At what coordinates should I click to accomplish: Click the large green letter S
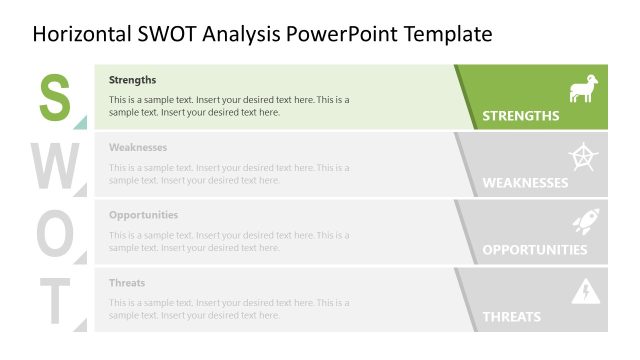point(55,97)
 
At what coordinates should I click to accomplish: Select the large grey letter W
point(57,165)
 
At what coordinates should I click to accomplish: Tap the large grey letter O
point(56,233)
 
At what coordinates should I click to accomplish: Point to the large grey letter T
point(56,300)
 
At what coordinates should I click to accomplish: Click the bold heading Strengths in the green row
point(133,80)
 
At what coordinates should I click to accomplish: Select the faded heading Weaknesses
point(138,147)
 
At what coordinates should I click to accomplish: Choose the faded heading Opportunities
point(144,215)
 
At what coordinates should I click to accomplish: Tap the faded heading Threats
point(127,283)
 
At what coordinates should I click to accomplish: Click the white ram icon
point(583,89)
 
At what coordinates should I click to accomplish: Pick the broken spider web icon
point(583,157)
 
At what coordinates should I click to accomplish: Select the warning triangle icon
point(583,292)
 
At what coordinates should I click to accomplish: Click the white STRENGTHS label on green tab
point(521,116)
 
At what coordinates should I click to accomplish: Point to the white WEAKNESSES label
point(525,183)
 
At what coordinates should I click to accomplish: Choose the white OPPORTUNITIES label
point(535,250)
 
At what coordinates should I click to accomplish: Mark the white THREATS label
point(512,317)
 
